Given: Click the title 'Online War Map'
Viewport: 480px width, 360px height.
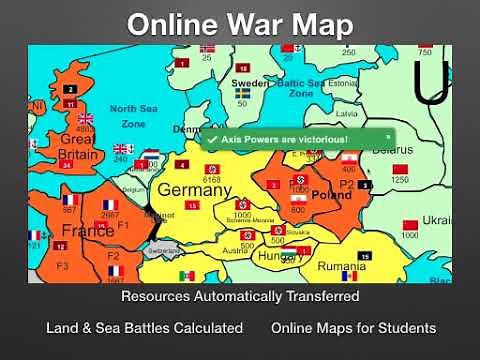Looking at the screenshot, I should tap(240, 23).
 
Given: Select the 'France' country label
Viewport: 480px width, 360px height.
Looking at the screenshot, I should tap(88, 230).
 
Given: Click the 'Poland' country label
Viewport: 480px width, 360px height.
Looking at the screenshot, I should tap(333, 196).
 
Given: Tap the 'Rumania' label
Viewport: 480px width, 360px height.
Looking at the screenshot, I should tap(341, 267).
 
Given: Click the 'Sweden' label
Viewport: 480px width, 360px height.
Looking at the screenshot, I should tap(250, 83).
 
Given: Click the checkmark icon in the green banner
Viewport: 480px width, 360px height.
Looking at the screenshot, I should tap(212, 139).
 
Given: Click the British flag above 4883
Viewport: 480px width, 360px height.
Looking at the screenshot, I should tap(85, 118).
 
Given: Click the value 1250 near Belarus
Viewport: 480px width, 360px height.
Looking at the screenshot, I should tap(400, 180).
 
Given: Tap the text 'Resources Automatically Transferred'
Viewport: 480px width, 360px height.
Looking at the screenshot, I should tap(240, 296).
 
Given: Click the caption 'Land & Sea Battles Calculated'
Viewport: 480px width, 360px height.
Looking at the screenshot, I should tap(144, 328).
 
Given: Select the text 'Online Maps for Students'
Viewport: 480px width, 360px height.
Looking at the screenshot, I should tap(353, 328).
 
